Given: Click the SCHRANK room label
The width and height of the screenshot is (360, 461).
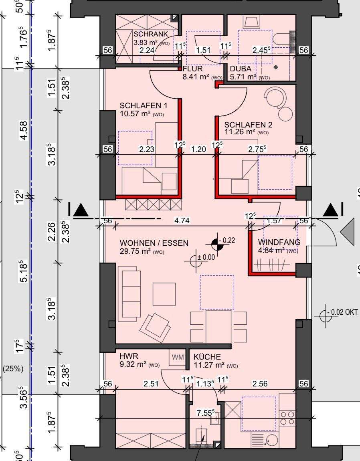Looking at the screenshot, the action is pos(151,34).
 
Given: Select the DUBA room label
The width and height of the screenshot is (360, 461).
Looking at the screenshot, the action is pos(241,69).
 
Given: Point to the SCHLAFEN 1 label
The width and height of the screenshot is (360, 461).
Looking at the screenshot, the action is pos(144,105).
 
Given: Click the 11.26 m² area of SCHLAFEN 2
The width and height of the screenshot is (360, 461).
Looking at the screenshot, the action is pos(239,132).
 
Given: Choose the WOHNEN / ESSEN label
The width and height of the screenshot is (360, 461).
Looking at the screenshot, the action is pos(154,243).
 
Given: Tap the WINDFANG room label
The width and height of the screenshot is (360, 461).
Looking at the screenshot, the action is pos(279,242).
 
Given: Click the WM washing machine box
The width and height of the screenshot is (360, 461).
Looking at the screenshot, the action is pos(178,357).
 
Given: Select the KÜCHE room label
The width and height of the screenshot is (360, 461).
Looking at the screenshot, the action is pos(207,357).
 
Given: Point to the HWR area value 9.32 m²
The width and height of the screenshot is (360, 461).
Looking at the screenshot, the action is pos(133,364).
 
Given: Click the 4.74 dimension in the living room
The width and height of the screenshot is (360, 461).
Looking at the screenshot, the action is pos(182,220).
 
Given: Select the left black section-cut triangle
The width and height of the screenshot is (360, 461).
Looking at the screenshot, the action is pos(81,210).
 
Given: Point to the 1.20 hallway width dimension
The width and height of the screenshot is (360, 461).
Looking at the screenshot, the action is pos(198,150).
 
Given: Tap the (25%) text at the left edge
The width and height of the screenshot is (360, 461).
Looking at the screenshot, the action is pos(13,369).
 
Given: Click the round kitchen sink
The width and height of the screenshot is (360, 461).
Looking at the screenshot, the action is pos(271,441).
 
